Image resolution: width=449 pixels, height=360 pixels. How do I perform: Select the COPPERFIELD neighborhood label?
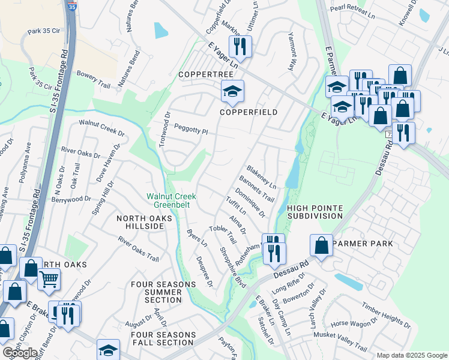248,112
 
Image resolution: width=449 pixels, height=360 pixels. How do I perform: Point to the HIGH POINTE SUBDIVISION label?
315,212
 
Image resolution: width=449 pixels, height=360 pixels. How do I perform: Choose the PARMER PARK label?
363,244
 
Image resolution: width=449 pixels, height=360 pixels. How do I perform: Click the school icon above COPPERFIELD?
232,91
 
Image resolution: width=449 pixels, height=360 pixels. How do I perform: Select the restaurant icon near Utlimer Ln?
241,46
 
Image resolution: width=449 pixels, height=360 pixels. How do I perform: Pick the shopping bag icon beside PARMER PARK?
322,245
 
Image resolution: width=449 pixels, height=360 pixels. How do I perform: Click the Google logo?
20,353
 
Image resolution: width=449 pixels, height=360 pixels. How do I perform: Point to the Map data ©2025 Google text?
412,355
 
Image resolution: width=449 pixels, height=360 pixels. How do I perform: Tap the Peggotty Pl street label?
190,129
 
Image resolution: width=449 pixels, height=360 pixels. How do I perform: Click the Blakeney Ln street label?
261,176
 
